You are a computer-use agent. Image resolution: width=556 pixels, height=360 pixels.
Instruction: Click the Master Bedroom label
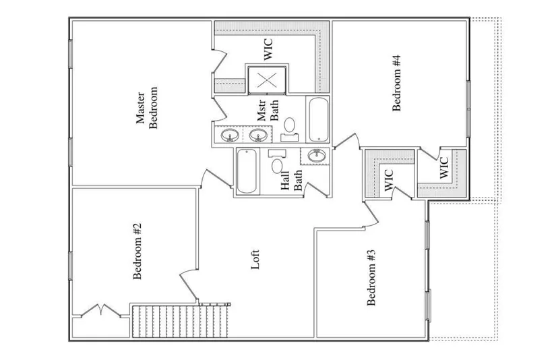tap(147, 108)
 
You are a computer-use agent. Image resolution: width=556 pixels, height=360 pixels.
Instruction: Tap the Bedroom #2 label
tap(137, 251)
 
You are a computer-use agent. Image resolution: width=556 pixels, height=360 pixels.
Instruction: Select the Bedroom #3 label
tap(371, 277)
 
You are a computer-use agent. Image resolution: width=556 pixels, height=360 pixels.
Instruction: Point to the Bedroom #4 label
tap(396, 83)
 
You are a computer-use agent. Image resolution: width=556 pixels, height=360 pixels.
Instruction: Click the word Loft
tap(255, 260)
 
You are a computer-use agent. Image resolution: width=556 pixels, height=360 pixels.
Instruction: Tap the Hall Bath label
tap(291, 181)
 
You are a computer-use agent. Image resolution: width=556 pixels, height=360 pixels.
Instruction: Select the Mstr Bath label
tap(268, 111)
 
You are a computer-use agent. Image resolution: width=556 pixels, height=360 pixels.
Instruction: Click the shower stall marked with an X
tap(267, 80)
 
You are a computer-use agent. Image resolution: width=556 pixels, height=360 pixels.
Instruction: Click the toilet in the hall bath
tap(277, 162)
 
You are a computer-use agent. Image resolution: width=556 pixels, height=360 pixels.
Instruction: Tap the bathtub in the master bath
tap(318, 119)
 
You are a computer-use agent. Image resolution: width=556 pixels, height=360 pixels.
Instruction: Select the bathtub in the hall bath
tap(247, 171)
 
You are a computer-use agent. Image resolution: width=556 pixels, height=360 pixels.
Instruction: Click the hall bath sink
tap(316, 156)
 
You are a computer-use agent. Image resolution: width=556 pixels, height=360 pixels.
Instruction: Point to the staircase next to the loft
tap(180, 322)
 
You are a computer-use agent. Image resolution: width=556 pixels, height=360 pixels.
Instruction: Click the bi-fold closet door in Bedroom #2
tap(101, 310)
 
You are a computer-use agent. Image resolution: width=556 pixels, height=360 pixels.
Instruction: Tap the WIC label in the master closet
tap(268, 49)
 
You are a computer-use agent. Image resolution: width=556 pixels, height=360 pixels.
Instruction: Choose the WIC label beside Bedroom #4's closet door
tap(444, 167)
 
